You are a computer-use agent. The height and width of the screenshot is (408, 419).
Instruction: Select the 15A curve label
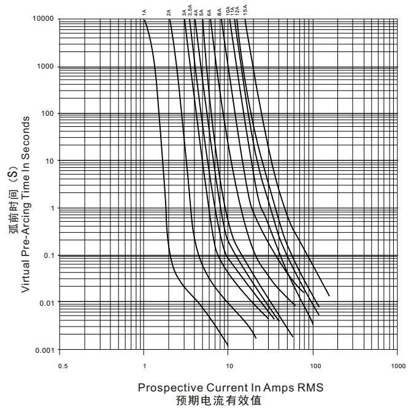pos(245,10)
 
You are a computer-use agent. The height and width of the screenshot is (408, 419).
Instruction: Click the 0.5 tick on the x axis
pos(59,366)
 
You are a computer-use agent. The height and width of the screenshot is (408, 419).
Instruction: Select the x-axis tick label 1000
pos(397,366)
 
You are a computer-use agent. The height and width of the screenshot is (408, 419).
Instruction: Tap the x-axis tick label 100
pos(313,366)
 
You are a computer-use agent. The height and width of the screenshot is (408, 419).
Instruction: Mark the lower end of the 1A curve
pos(228,344)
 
